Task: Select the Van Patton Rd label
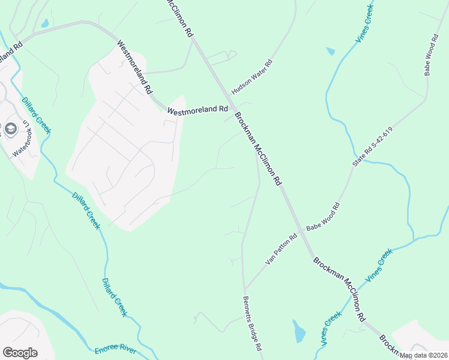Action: pos(282,251)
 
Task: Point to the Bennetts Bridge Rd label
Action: pos(253,324)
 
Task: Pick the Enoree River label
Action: pos(115,349)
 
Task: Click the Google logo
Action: pos(20,353)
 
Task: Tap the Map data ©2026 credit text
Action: pos(423,355)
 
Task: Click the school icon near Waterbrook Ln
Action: pos(10,128)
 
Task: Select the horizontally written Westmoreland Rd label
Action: pos(197,110)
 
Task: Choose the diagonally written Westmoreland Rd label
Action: pos(134,67)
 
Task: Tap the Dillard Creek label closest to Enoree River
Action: pos(115,297)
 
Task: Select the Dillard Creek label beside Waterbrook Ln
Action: pos(37,116)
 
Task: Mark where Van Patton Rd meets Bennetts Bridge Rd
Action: pos(244,289)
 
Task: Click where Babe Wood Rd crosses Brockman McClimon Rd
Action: pos(301,232)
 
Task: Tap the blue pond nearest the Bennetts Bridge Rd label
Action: pos(299,332)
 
